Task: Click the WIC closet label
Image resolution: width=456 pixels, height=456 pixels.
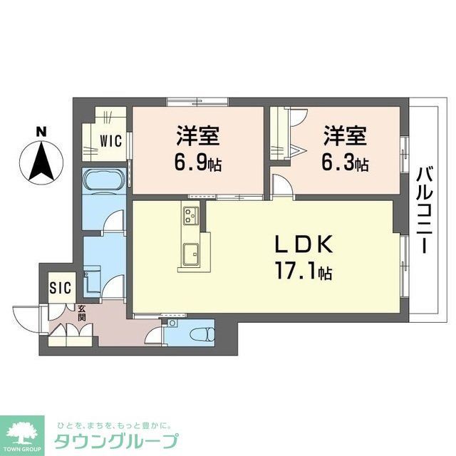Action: coord(110,141)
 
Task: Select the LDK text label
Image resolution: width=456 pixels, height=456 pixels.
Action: coord(304,244)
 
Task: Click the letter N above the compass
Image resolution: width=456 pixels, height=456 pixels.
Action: coord(42,131)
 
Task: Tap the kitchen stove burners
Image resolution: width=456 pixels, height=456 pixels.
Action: coord(190,214)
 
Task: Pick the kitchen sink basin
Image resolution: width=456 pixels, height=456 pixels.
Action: coord(190,253)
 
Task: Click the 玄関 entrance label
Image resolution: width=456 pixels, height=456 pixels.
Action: coord(82,313)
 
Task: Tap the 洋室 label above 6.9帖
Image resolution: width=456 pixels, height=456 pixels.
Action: coord(197,135)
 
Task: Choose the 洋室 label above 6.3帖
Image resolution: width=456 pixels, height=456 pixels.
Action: coord(344,135)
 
